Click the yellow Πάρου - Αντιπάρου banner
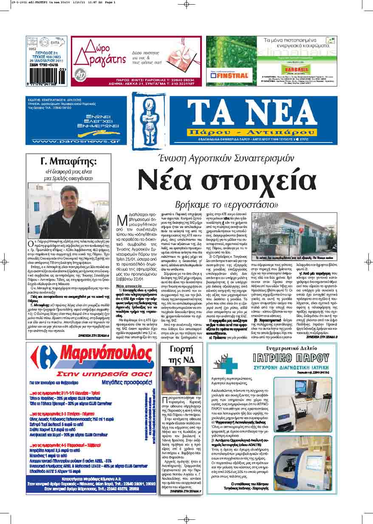click(253, 130)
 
